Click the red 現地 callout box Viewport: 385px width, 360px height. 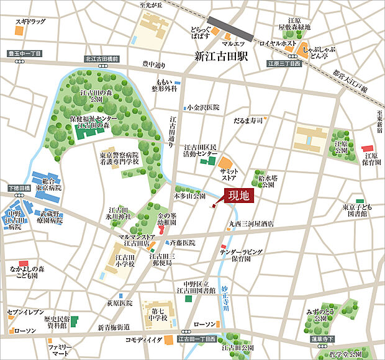(239, 196)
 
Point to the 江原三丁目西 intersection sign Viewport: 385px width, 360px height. (284, 63)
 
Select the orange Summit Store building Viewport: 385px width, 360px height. (224, 163)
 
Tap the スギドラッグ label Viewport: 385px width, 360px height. (30, 22)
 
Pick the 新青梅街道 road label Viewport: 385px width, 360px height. (114, 327)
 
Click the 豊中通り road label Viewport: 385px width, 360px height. (154, 64)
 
